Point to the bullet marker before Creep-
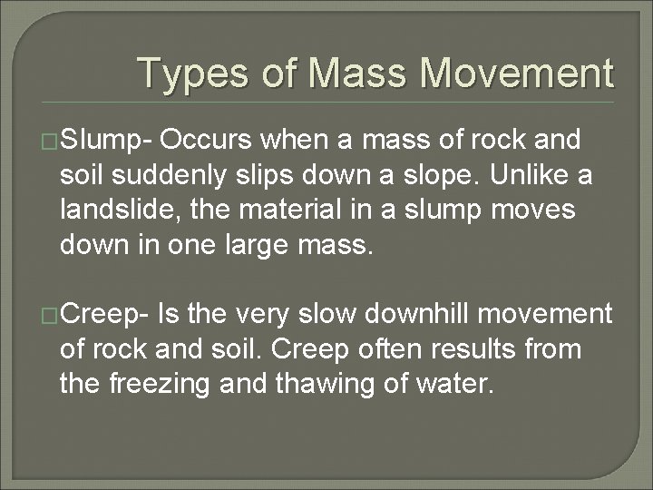click(x=52, y=316)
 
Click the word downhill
click(x=424, y=315)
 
